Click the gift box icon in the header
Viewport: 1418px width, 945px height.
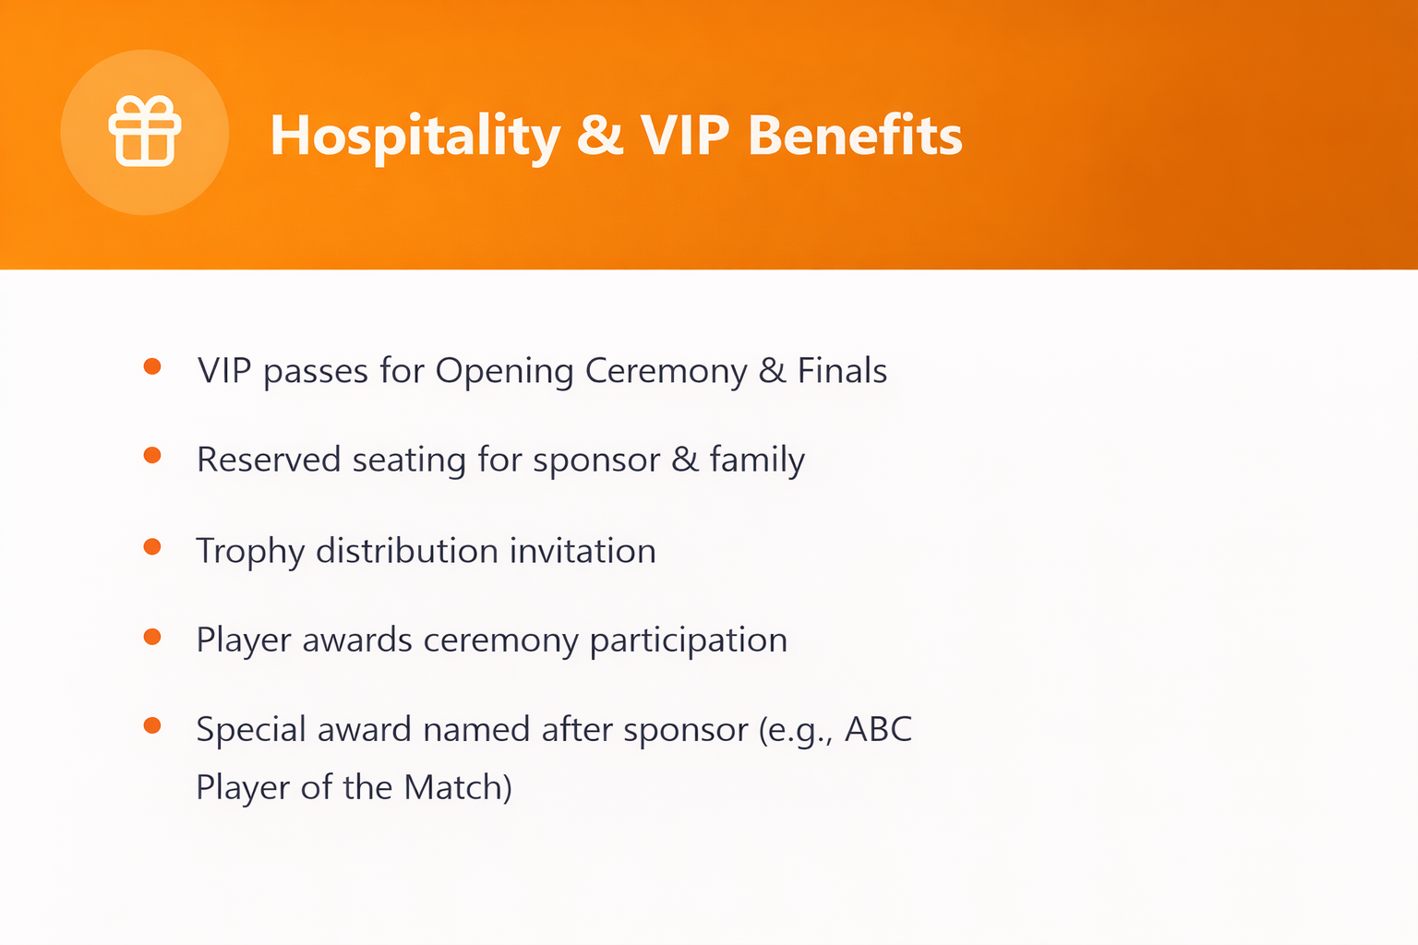click(145, 131)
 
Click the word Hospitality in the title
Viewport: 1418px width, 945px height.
click(415, 137)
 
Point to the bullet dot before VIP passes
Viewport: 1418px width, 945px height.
click(152, 366)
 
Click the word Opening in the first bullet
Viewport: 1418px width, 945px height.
click(505, 372)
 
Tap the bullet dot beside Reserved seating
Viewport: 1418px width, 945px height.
click(152, 455)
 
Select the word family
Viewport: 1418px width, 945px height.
click(757, 461)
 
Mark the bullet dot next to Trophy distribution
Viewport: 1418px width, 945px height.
click(152, 546)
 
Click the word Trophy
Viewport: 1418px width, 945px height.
click(251, 552)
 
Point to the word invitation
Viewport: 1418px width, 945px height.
click(583, 550)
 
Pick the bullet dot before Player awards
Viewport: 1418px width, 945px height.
click(152, 636)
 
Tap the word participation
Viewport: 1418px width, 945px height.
click(689, 641)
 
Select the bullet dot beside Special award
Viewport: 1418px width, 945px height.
click(152, 725)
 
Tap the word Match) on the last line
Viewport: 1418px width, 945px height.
click(458, 787)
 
